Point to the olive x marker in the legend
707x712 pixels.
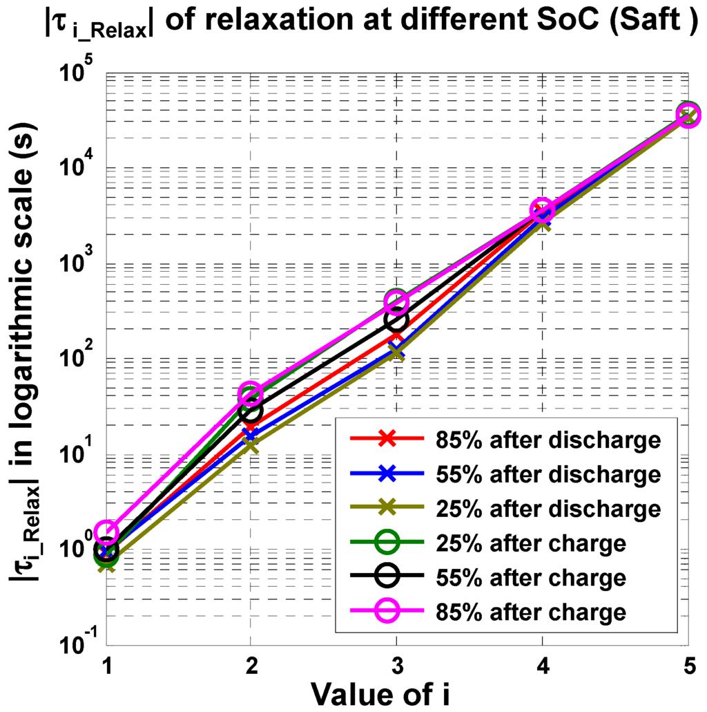click(x=387, y=508)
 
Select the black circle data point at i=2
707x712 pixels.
click(x=251, y=411)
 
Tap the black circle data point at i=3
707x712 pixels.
click(x=396, y=320)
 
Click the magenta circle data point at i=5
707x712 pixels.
click(x=687, y=115)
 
